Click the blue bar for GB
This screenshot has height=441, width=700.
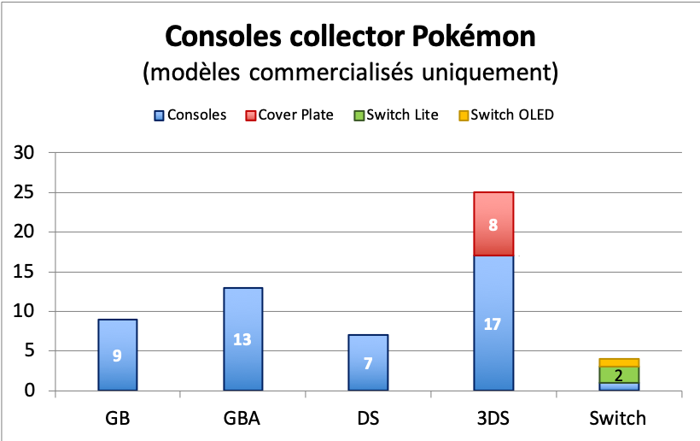[117, 355]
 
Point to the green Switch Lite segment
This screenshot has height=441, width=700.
[618, 374]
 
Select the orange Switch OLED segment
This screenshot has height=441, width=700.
[618, 362]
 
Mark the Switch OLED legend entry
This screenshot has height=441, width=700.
[505, 115]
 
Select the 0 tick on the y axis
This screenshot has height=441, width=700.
[32, 391]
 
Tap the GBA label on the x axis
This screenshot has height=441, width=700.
[242, 419]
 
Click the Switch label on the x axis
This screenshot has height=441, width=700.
[618, 419]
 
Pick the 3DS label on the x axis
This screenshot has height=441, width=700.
[493, 419]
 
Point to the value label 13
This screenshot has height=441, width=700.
[242, 339]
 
